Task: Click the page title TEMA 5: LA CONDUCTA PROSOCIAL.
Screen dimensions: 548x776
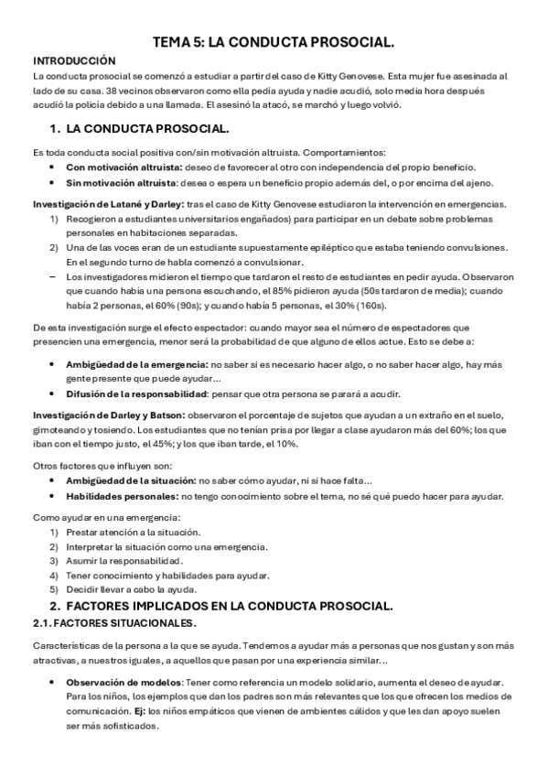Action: coord(274,42)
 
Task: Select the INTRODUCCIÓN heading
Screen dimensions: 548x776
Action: coord(73,59)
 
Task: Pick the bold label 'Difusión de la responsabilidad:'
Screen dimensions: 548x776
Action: coord(139,395)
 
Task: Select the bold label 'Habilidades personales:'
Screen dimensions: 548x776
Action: coord(123,496)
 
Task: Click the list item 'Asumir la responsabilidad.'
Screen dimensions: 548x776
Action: coord(124,561)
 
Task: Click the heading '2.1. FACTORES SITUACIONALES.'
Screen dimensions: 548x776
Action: coord(114,623)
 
